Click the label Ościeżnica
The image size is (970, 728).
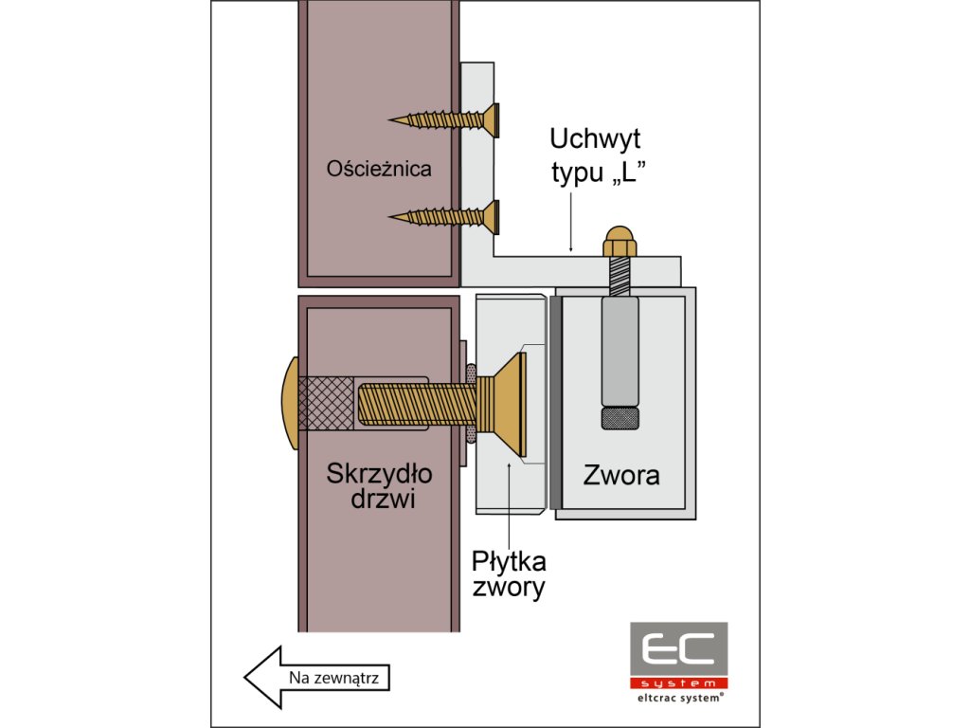tap(378, 170)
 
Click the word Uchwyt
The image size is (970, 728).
tap(595, 139)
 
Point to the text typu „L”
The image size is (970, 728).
tap(592, 173)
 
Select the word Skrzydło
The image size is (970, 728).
tap(371, 472)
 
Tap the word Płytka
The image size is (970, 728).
tap(509, 559)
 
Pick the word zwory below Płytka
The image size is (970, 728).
tap(509, 588)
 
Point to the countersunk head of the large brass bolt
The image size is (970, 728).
tap(512, 404)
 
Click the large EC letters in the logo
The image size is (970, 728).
tap(678, 650)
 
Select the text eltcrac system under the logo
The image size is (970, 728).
tap(678, 697)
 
